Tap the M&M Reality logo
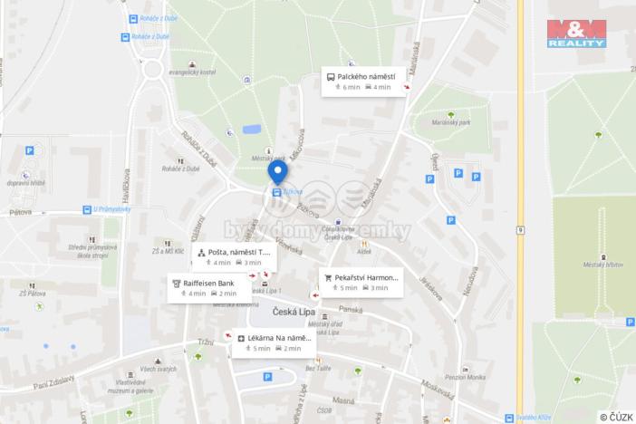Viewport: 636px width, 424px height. [576, 32]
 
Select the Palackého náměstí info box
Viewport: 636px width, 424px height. [363, 82]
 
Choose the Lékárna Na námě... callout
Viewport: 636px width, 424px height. [275, 342]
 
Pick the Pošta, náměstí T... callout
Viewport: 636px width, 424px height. [233, 256]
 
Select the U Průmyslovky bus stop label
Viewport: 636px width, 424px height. [111, 208]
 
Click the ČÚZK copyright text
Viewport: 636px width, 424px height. [616, 417]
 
